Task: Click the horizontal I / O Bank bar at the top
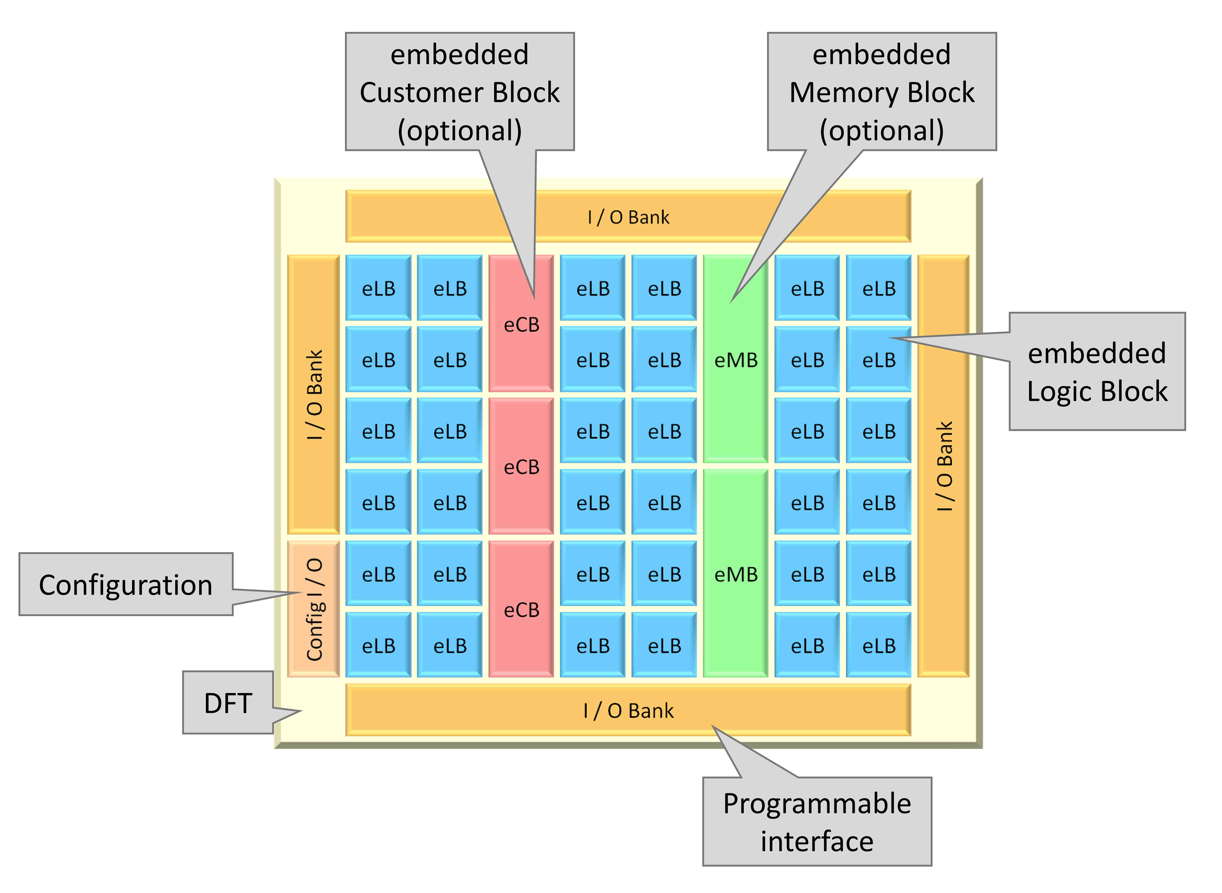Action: (x=628, y=216)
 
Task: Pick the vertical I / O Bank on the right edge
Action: (x=944, y=466)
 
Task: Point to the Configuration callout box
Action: (x=126, y=584)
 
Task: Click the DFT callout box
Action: (x=228, y=703)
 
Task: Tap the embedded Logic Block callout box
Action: (x=1097, y=371)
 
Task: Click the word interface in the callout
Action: (x=817, y=841)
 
